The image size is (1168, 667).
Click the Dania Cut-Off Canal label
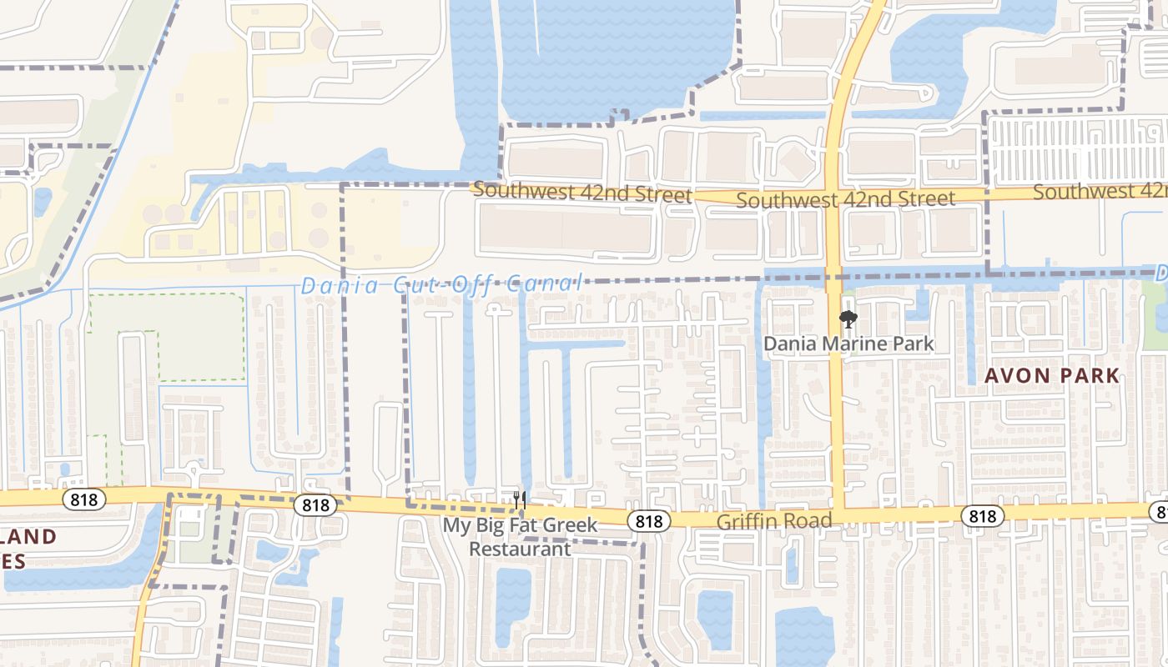coord(441,284)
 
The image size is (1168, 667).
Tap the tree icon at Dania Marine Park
coord(848,318)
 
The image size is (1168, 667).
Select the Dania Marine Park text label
coord(849,344)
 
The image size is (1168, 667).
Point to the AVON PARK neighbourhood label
coord(1051,375)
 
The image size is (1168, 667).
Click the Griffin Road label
coord(775,522)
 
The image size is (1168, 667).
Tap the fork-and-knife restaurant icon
coord(520,500)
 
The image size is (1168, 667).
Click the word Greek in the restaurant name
coord(571,525)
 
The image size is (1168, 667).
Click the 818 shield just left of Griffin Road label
coord(648,521)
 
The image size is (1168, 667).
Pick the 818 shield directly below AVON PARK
coord(982,516)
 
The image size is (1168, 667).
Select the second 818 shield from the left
coord(315,504)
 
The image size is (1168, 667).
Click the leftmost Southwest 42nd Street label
coord(581,193)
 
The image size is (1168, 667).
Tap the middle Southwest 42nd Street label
coord(845,199)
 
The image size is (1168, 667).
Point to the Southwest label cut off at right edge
coord(1100,192)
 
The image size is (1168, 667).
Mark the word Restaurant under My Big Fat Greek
coord(520,549)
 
